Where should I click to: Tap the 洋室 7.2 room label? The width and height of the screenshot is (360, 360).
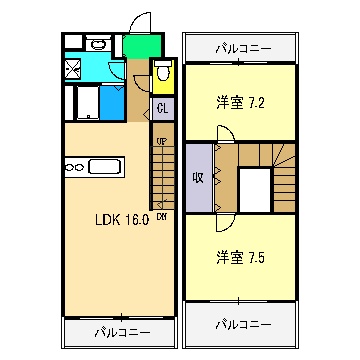tap(241, 102)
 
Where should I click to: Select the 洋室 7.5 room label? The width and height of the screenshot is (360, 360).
tap(241, 257)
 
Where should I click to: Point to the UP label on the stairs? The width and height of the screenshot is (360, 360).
tap(160, 142)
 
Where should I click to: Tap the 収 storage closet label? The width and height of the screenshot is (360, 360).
tap(198, 178)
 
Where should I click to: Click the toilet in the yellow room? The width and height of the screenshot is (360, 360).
tap(163, 75)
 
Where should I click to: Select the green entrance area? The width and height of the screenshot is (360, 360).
tap(144, 45)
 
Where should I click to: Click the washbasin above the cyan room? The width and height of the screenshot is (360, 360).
tap(98, 44)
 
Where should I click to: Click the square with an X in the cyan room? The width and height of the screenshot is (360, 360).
tap(72, 69)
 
